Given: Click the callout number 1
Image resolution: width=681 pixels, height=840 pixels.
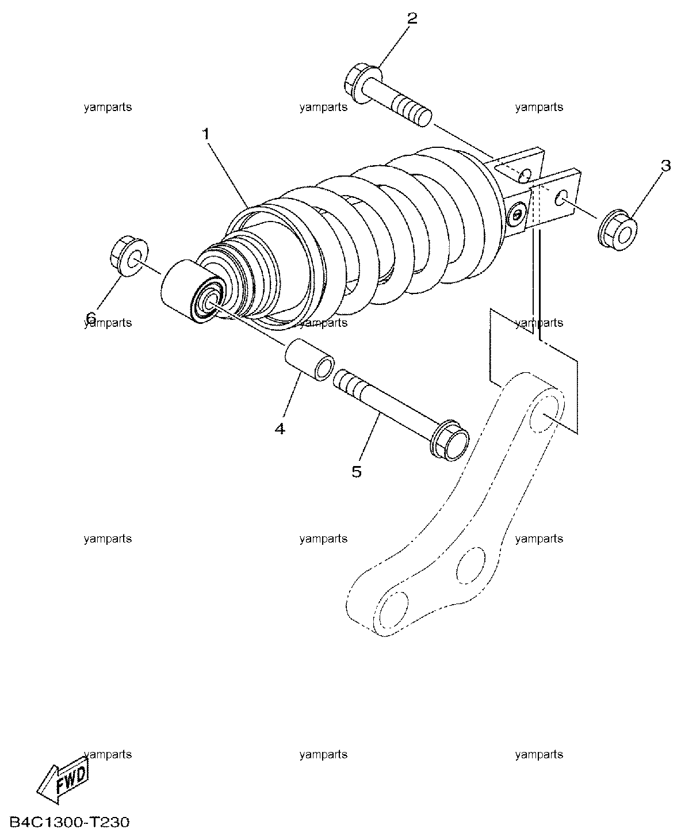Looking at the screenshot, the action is click(x=206, y=135).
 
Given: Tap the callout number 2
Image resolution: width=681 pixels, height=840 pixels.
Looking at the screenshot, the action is click(x=412, y=18).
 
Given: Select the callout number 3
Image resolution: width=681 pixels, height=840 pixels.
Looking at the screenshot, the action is click(x=665, y=166).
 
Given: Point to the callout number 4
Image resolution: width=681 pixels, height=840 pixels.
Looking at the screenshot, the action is click(x=280, y=428).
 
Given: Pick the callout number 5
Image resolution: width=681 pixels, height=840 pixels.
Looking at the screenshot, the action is click(x=357, y=471).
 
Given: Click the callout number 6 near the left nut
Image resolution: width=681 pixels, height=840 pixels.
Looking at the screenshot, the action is click(x=91, y=317).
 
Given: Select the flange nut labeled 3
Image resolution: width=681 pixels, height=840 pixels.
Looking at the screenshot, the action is click(x=618, y=231).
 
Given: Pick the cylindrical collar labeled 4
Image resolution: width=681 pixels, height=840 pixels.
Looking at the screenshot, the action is click(x=310, y=359).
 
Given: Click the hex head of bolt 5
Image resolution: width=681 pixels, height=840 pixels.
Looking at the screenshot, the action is click(x=450, y=440).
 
